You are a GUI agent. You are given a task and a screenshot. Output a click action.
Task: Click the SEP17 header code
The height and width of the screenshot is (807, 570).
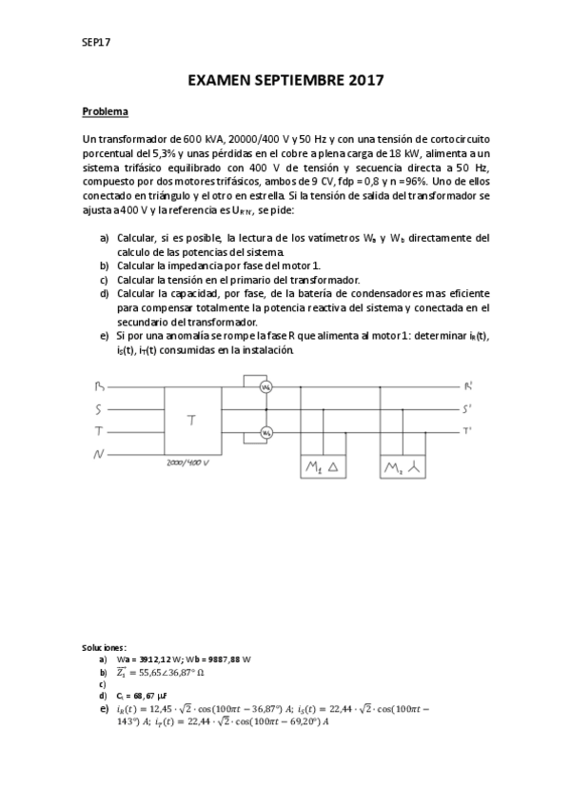coord(96,41)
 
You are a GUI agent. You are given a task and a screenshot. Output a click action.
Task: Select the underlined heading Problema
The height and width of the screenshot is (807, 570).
coord(105,111)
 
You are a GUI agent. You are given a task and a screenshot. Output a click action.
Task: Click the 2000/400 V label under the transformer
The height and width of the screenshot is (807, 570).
coord(187,462)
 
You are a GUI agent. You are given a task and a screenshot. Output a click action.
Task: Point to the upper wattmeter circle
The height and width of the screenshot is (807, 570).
coord(267,387)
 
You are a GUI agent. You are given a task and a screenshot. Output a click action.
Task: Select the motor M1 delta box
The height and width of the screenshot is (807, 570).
coord(322,468)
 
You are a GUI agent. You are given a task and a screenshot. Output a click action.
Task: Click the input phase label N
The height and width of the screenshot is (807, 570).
coord(98,455)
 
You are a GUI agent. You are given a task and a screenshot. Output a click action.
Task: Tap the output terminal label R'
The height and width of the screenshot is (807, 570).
coord(468,386)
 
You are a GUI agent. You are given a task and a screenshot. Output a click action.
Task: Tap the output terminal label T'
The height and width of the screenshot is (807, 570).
coord(468,431)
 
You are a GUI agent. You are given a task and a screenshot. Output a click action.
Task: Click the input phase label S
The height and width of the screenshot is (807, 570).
coord(98,409)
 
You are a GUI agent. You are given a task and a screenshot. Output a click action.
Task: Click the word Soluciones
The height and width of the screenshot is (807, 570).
coord(104,646)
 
